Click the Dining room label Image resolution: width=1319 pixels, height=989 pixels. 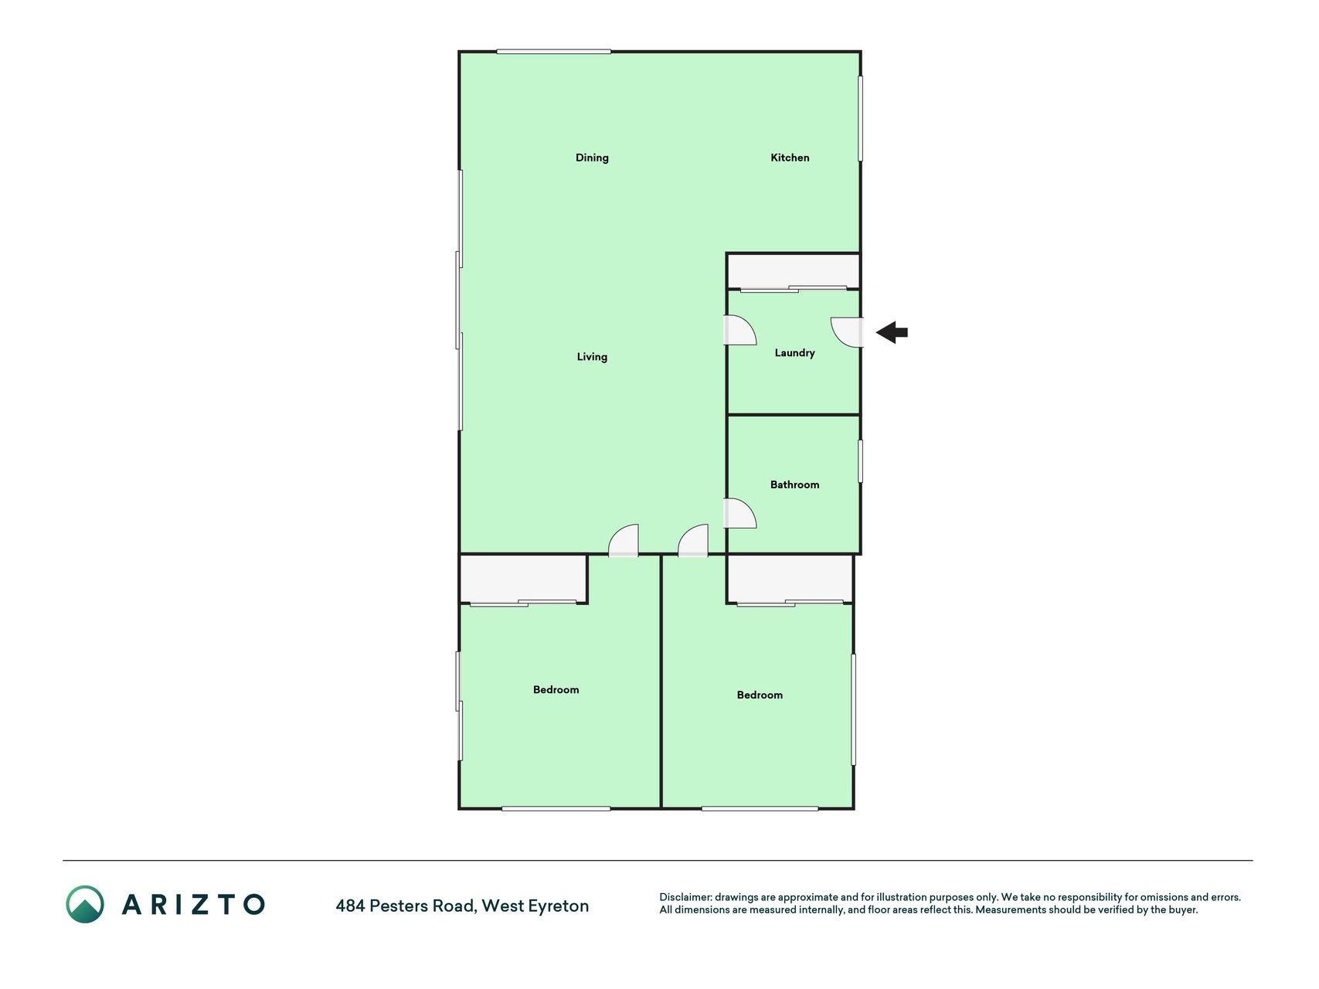(x=592, y=158)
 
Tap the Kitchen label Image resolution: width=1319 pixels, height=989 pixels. (x=790, y=158)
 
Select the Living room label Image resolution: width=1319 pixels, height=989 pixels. (x=592, y=357)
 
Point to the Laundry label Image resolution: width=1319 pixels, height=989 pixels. (x=794, y=353)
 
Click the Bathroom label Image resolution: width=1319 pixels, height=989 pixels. (x=794, y=484)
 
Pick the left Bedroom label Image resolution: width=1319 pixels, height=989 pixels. (x=556, y=690)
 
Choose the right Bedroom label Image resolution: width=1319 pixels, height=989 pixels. (x=760, y=695)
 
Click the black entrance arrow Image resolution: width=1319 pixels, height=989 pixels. (x=892, y=332)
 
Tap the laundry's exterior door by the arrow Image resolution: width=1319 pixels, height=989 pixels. (x=847, y=332)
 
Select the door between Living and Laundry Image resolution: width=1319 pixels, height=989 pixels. (x=739, y=330)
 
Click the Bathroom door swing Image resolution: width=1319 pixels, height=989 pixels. (x=739, y=513)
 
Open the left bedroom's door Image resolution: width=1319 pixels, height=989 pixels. (x=624, y=541)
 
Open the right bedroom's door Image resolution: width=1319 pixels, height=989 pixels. (x=693, y=541)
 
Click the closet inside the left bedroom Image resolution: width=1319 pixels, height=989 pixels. (x=523, y=579)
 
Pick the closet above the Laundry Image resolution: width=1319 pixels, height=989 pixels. (x=794, y=271)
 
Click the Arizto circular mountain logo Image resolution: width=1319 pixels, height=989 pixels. (x=85, y=904)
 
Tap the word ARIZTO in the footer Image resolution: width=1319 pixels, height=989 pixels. (x=193, y=904)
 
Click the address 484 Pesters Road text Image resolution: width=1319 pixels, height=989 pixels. (x=405, y=906)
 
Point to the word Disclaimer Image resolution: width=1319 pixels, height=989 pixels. (x=685, y=897)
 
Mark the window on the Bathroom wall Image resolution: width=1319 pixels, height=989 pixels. (x=860, y=461)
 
